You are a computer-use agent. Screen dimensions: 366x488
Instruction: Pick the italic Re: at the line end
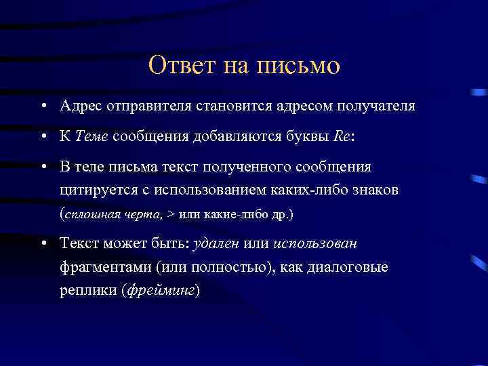[x=345, y=136]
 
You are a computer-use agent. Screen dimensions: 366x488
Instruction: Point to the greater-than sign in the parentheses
[x=171, y=215]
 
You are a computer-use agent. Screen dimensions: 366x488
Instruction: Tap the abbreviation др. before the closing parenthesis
[x=279, y=215]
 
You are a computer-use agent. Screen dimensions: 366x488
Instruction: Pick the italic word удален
[x=216, y=243]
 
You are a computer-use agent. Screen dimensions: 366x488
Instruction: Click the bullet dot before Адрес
[x=43, y=107]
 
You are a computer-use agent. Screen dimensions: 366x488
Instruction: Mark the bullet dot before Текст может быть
[x=43, y=244]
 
